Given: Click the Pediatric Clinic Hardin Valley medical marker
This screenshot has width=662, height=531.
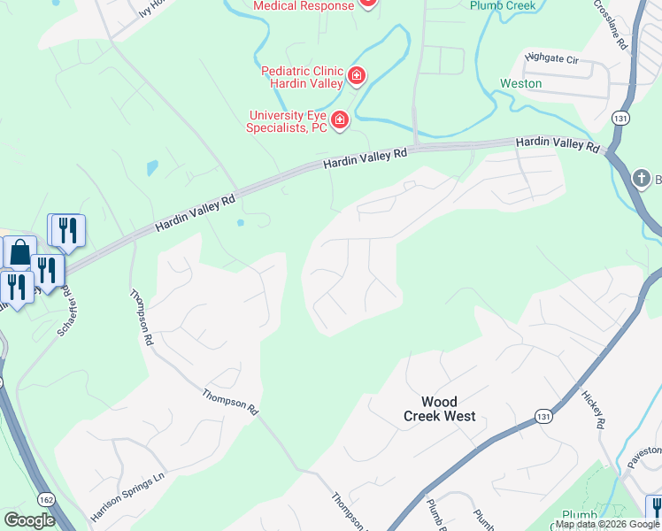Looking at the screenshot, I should coord(357,77).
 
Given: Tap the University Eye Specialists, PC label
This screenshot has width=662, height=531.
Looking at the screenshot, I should coord(288,121).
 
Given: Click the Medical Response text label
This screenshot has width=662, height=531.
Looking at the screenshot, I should coord(304,5).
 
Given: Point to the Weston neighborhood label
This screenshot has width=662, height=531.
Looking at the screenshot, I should coord(520,83).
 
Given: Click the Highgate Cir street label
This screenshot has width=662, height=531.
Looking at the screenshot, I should coord(550,58).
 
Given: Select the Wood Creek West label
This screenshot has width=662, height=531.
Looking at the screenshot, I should coord(440,408).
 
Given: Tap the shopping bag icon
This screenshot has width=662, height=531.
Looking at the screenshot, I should coord(19,253).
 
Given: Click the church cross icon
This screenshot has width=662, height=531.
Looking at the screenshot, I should coord(646,181).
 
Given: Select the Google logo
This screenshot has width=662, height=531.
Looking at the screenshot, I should coord(29,520).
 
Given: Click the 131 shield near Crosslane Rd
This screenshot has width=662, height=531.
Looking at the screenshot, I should coord(621,118).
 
